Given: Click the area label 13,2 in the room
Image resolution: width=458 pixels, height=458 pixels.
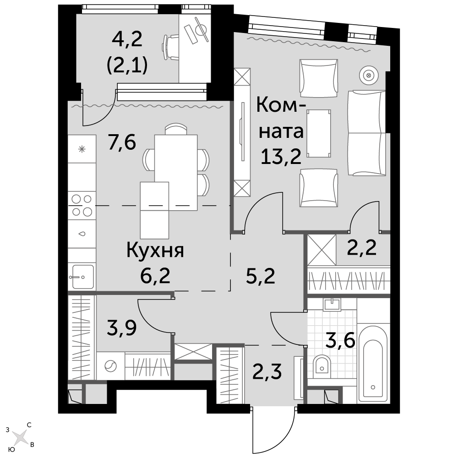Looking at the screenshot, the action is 281,156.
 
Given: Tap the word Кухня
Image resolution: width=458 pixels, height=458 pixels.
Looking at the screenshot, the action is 155,251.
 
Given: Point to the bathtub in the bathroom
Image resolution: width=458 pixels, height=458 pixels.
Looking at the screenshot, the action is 373,363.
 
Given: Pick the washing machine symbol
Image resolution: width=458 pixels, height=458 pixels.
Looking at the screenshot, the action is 110,365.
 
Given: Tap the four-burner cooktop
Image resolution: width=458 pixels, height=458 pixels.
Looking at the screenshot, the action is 82,205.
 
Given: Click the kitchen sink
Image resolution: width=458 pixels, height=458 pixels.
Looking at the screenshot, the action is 82,276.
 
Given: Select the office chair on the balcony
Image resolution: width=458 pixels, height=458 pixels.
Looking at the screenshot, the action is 170,47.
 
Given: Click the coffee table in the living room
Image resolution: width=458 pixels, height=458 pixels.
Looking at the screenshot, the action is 318,133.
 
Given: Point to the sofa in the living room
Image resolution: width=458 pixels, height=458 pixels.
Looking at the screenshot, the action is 366,133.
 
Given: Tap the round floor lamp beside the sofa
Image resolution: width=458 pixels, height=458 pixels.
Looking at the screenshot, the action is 369,75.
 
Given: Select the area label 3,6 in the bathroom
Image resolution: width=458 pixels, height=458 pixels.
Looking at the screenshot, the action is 340,341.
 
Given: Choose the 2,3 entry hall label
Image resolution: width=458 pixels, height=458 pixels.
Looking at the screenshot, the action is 267,371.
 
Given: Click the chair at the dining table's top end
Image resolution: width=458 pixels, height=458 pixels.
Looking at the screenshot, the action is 175,129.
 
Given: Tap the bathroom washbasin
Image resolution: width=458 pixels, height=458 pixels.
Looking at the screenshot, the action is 332,305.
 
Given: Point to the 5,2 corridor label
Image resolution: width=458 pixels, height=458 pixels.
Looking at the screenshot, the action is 261,276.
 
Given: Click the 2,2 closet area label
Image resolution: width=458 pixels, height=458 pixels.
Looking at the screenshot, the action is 362,248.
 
